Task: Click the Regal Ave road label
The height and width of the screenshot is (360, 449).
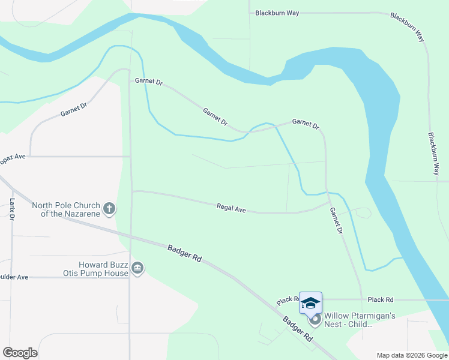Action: (231, 209)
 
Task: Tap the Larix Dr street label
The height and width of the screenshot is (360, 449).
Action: (12, 209)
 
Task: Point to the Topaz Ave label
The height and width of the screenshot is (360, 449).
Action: (13, 156)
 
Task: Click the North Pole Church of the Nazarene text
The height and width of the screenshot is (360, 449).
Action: (66, 209)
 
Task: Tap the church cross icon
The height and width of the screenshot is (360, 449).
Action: (109, 209)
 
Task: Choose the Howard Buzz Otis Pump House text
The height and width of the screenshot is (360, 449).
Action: (104, 269)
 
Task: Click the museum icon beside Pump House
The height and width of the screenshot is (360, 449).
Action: (137, 268)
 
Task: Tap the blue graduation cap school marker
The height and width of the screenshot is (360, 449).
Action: (310, 303)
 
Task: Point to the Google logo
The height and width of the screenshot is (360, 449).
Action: (20, 353)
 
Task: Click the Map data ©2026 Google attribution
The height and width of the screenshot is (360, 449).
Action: (412, 355)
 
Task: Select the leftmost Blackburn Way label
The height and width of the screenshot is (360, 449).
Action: (277, 13)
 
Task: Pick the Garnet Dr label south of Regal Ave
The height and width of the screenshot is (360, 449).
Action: (336, 220)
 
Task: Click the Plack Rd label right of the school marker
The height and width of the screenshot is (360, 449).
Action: (381, 299)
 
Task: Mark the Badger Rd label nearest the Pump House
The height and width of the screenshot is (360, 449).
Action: (185, 252)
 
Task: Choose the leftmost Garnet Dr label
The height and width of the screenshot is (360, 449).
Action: (74, 109)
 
